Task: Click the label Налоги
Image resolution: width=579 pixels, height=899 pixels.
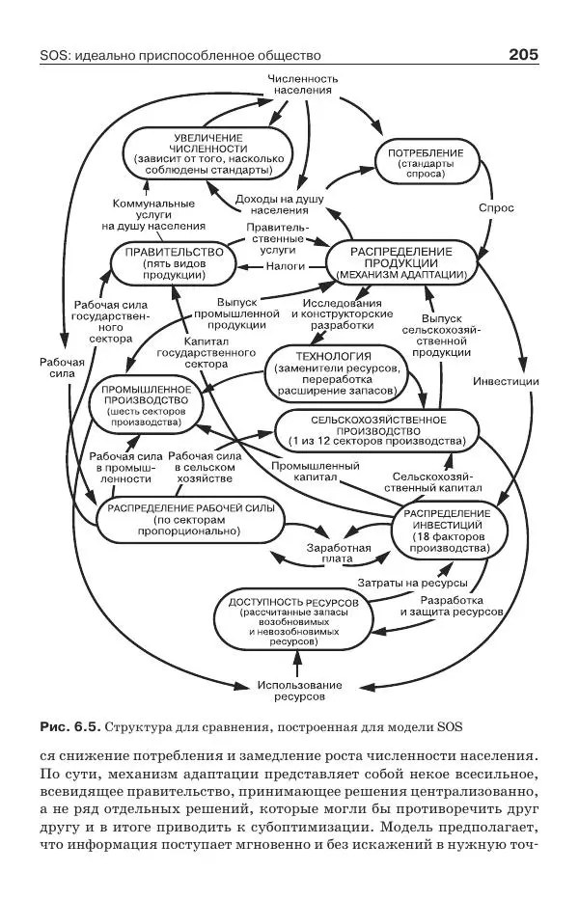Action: (285, 264)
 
